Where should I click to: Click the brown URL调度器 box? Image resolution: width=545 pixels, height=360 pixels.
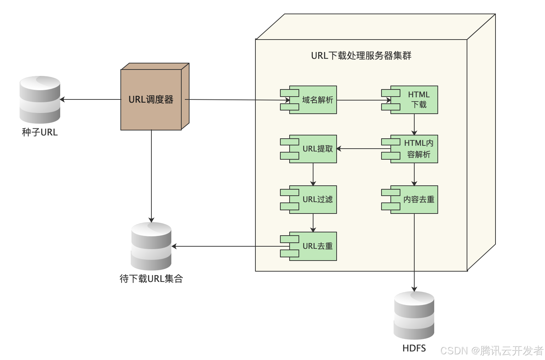[151, 99]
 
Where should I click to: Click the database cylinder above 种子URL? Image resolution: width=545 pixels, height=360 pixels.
[40, 99]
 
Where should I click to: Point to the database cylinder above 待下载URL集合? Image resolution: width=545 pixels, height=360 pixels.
[151, 246]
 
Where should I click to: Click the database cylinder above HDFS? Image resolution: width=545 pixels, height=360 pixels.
[414, 315]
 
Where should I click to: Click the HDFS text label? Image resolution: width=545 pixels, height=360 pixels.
[414, 348]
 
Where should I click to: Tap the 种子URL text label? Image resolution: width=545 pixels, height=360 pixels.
[40, 133]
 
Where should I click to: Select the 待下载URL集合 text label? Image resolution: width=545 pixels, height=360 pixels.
[151, 279]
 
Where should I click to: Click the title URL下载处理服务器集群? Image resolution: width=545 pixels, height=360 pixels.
[361, 56]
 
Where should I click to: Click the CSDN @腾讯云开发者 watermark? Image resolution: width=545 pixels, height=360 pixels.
[492, 351]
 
